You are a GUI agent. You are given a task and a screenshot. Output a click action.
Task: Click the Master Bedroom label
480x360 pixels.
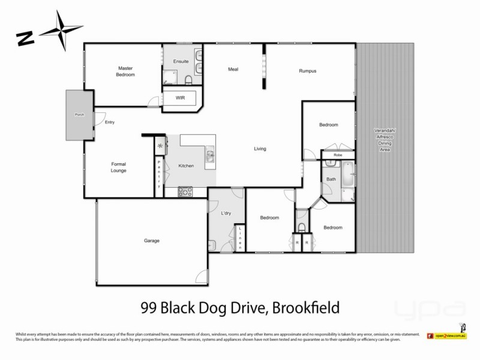[x=125, y=72]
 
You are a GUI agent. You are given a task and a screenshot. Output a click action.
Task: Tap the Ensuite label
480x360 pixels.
[x=181, y=62]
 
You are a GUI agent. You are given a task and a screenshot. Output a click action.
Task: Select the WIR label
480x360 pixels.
[x=180, y=97]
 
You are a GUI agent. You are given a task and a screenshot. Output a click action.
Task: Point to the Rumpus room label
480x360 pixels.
[x=307, y=71]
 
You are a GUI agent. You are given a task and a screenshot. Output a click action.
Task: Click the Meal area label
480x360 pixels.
[x=233, y=69]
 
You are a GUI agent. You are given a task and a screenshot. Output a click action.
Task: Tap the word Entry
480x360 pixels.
[x=110, y=122]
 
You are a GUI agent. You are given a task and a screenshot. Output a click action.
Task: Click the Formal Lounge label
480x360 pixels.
[x=118, y=167]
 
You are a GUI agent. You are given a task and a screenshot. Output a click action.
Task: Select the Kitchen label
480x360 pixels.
[x=186, y=166]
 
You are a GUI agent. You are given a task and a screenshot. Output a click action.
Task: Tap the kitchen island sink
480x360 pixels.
[x=211, y=156]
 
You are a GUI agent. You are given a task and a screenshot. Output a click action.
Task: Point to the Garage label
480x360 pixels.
[x=151, y=241]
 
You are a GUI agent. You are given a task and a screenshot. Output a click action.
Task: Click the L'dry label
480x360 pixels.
[x=227, y=214]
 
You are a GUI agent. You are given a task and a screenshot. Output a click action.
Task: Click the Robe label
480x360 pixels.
[x=338, y=155]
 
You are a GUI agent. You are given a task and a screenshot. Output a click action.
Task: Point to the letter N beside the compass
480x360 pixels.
[x=25, y=38]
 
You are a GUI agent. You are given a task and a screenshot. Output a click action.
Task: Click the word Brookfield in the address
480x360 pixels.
[x=306, y=308]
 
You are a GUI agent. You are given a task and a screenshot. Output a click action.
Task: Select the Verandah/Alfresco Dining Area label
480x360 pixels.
[x=385, y=139]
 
